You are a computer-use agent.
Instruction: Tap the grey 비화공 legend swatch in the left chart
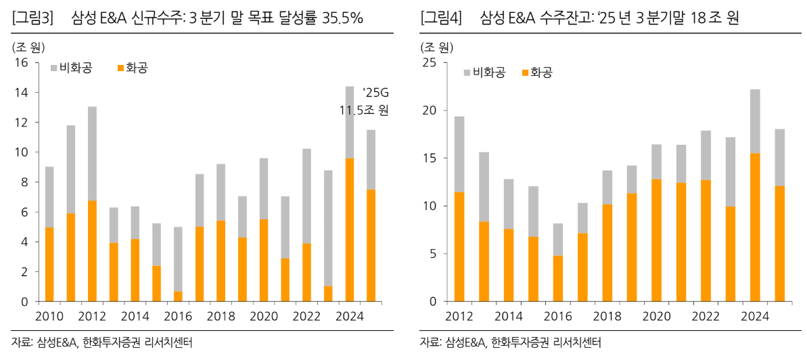pos(55,68)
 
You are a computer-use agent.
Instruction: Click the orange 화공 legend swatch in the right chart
pos(524,72)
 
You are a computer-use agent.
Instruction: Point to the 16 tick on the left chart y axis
pos(21,63)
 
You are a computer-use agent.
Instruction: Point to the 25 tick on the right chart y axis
pos(430,63)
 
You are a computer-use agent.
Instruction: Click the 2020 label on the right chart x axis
pos(656,316)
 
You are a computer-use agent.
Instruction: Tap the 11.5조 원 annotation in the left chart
pos(364,110)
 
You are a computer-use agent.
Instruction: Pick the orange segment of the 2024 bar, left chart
pos(350,230)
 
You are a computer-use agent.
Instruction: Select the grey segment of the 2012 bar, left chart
pos(92,154)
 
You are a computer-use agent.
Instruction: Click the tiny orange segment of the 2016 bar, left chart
pos(177,296)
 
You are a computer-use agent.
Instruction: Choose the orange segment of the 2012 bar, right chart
pos(459,247)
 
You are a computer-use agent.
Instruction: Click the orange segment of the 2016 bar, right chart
pos(557,278)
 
